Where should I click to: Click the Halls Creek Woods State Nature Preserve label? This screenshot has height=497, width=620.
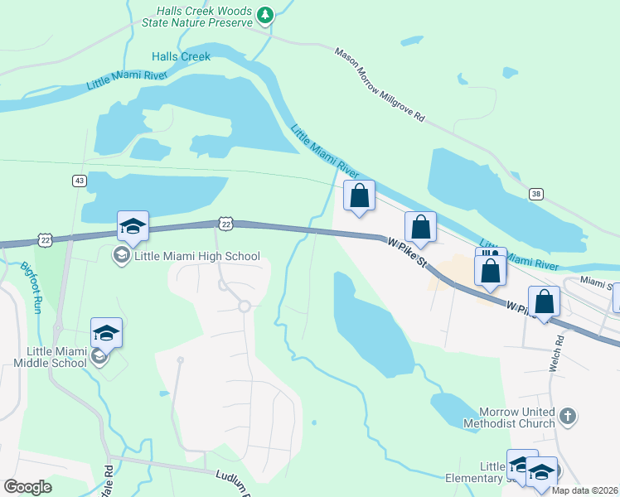coord(205,17)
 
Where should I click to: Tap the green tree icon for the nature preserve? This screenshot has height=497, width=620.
coord(264,14)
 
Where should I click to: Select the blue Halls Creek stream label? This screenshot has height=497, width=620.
coord(181,56)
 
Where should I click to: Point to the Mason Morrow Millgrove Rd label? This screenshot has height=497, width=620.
coord(380,84)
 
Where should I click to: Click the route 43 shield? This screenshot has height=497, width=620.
coord(79,181)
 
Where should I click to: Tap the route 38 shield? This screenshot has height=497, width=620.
coord(537,194)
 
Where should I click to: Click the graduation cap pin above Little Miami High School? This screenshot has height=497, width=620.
coord(133,226)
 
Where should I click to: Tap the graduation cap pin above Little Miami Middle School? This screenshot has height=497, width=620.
coord(106,333)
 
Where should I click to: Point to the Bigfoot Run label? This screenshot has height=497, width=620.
coord(31,286)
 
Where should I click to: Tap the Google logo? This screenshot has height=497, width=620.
coord(27,487)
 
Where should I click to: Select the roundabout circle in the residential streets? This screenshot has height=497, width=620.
coord(244,306)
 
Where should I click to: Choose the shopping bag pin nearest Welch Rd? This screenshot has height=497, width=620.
coord(545,302)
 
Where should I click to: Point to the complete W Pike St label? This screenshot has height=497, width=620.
coord(407,252)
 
